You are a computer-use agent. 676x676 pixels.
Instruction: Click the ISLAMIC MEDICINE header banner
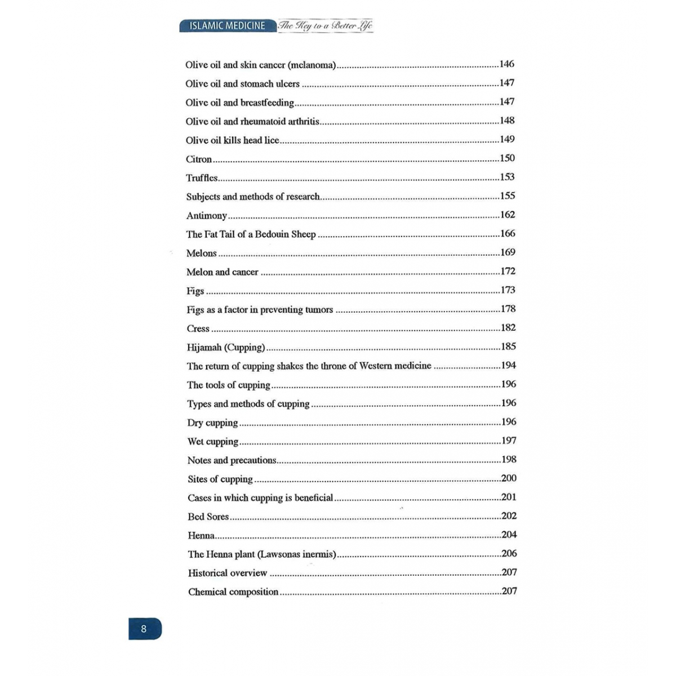point(228,26)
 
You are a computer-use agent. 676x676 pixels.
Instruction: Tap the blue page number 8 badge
point(144,629)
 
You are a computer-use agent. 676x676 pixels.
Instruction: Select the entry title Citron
point(199,159)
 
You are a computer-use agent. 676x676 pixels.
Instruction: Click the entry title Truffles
point(202,178)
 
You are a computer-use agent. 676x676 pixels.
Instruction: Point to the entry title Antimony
point(207,216)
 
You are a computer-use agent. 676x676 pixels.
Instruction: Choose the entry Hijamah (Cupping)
point(226,348)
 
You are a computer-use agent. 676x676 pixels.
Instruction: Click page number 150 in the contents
point(507,158)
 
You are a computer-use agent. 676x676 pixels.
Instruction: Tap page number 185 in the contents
point(508,346)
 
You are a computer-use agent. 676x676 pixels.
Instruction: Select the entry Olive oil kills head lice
point(232,140)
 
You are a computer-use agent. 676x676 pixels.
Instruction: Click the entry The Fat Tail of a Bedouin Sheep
point(251,234)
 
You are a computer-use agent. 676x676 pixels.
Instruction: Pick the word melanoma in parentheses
point(312,65)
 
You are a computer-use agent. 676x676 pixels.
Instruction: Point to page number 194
point(508,366)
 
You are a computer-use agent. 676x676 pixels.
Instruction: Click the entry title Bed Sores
point(208,517)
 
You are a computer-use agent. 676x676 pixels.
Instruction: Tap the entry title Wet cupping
point(213,442)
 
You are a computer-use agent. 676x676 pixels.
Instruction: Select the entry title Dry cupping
point(212,423)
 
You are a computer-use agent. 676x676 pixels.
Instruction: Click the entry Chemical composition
point(233,592)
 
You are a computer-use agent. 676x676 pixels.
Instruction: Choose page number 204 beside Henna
point(509,535)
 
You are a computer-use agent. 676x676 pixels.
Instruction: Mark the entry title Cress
point(198,329)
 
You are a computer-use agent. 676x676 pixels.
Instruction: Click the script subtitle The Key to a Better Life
point(326,26)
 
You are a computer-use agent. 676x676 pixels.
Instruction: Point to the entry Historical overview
point(228,573)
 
